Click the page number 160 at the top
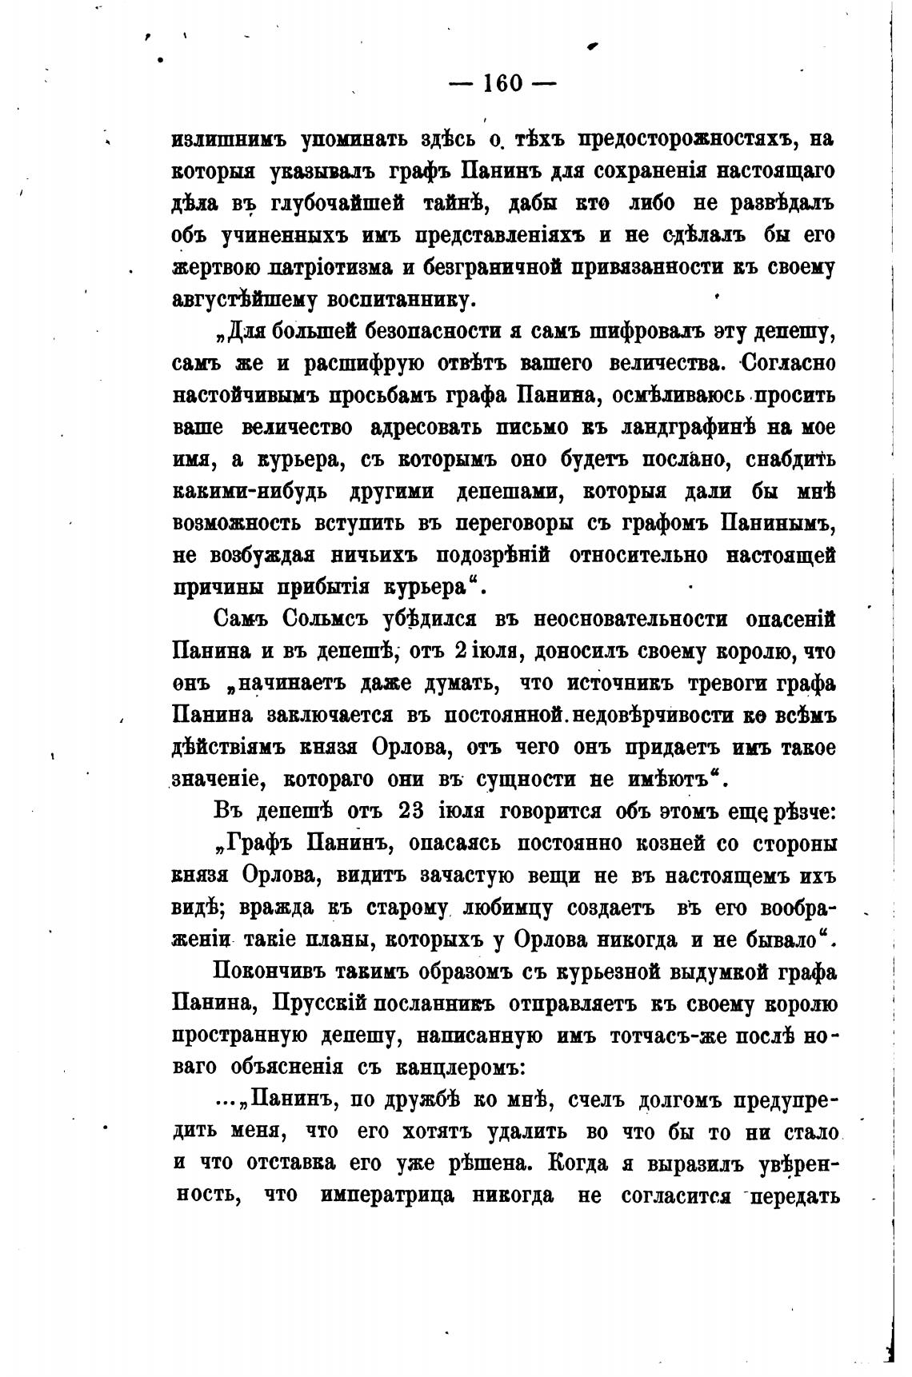coord(503,82)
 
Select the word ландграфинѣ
coord(688,427)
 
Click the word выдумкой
coord(678,972)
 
